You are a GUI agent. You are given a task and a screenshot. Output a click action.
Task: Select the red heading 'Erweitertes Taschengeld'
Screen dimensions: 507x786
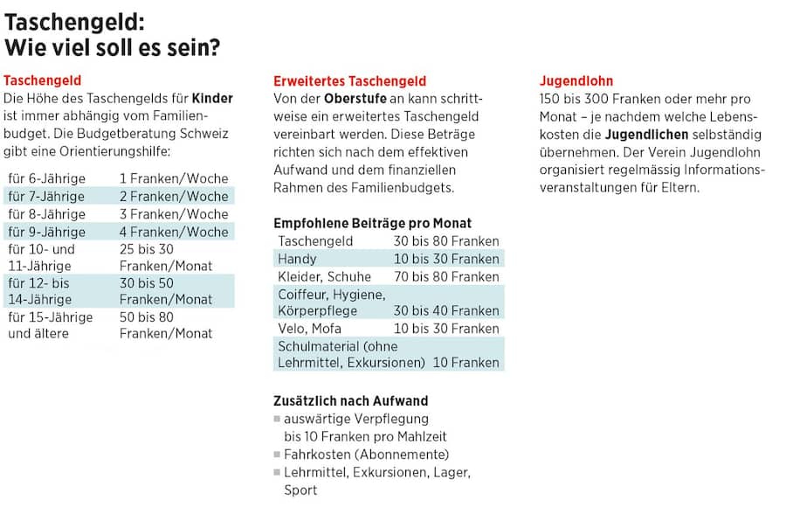349,80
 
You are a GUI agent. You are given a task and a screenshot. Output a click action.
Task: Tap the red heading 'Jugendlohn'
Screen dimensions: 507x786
576,80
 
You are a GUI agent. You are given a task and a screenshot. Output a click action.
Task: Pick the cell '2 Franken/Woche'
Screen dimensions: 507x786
173,196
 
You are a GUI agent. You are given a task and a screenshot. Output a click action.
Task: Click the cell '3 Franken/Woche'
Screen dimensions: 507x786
173,214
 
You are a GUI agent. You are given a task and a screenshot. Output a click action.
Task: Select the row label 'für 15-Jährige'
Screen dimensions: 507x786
50,316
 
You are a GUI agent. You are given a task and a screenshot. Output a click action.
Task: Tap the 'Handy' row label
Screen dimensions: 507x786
297,259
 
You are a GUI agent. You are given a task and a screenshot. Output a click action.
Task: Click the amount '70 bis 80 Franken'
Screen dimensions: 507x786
446,276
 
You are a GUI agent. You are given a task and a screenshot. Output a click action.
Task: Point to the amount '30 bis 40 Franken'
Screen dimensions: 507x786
446,310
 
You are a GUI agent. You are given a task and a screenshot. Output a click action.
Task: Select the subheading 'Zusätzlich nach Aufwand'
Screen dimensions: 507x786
351,400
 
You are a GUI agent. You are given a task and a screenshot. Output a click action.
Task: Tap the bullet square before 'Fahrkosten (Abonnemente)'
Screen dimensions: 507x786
277,455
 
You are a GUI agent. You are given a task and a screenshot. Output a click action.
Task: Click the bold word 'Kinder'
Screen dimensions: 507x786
212,98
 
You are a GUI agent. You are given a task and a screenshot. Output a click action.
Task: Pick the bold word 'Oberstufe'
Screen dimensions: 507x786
355,98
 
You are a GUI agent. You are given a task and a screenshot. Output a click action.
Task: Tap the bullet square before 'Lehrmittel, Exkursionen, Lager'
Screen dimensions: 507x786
277,473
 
